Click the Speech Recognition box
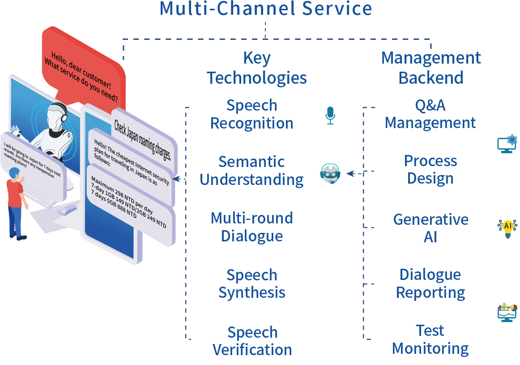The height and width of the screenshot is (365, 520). point(251,115)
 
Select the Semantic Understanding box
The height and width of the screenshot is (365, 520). point(251,171)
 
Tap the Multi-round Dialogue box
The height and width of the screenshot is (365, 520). point(251,228)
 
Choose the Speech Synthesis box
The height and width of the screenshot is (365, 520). point(251,284)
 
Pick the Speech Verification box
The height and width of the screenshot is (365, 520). point(251,341)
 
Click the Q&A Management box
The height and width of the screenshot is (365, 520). point(430,114)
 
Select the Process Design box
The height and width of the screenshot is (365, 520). point(430,170)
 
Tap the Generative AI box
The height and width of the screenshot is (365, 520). point(430,228)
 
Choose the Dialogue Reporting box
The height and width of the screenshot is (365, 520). point(430,284)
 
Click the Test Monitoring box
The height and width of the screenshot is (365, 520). point(430,340)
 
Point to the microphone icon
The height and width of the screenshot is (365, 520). point(330,115)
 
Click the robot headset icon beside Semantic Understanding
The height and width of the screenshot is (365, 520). point(330,174)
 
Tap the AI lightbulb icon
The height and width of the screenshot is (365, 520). point(507,227)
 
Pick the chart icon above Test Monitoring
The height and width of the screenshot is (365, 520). point(507,312)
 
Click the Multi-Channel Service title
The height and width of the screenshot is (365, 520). point(266,9)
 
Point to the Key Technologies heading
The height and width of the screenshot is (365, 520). point(257,68)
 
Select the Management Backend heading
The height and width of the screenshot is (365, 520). point(431,68)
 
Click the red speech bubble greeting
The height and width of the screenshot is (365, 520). point(83,72)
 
